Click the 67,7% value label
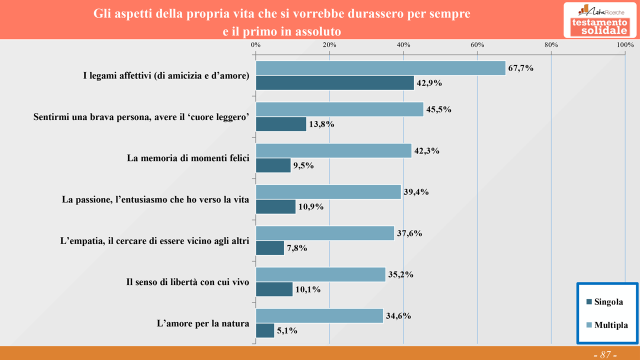click(520, 68)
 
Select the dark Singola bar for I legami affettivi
click(334, 83)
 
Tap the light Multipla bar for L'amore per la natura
click(319, 315)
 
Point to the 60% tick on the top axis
click(477, 45)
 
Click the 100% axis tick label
click(625, 45)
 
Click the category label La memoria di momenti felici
click(188, 158)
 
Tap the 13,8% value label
click(321, 124)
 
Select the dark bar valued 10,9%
click(275, 206)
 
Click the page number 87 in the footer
click(605, 354)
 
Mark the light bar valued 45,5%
click(339, 109)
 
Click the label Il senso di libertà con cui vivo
click(187, 282)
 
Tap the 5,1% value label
click(287, 330)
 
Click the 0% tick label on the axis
click(255, 45)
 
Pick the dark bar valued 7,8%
click(270, 248)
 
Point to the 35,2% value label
click(400, 274)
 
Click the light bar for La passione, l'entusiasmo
click(328, 191)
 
